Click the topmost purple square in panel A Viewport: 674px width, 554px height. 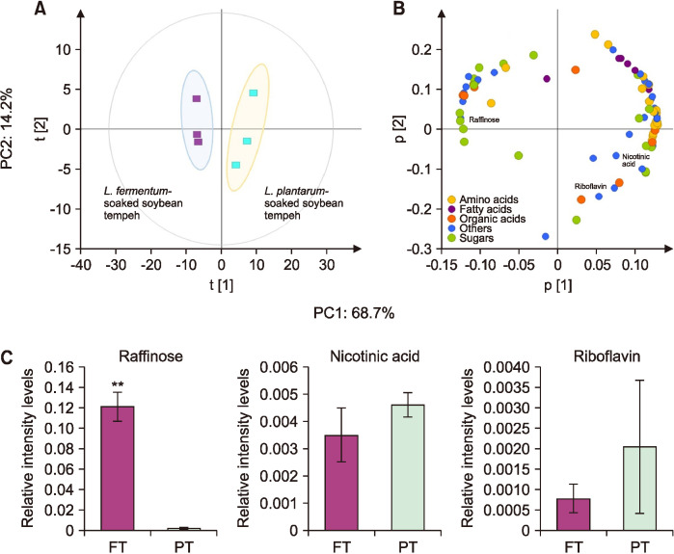point(196,98)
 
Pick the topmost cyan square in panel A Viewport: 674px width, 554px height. point(253,92)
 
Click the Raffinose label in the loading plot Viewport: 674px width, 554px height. point(483,120)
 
